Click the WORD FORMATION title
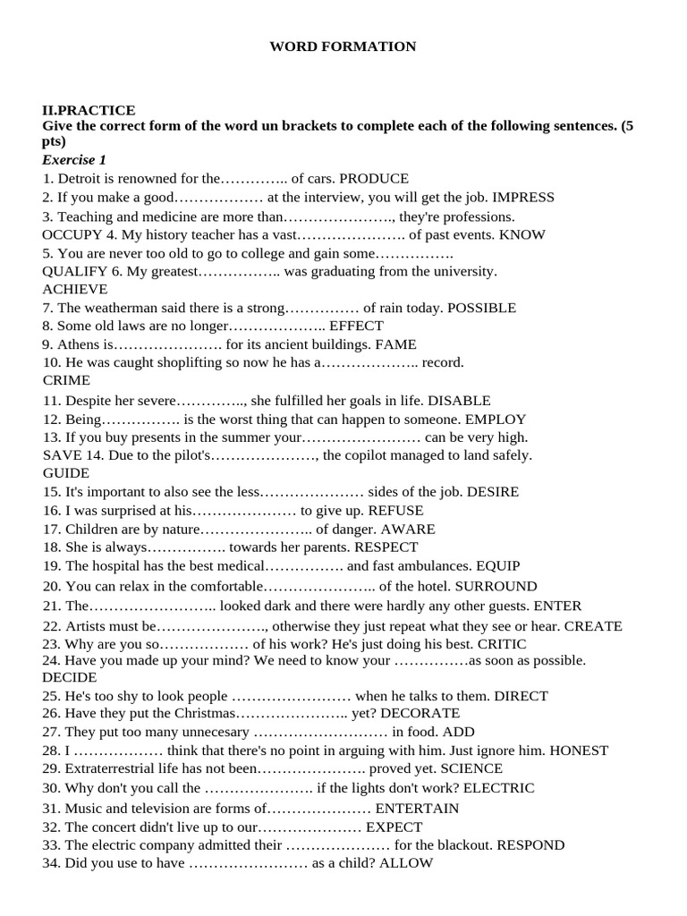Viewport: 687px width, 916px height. pyautogui.click(x=343, y=47)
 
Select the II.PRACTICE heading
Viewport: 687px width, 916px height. pyautogui.click(x=89, y=110)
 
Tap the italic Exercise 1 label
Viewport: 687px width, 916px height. pyautogui.click(x=74, y=160)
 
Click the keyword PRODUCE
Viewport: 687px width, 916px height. pyautogui.click(x=374, y=179)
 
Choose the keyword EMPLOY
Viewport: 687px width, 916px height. pyautogui.click(x=494, y=419)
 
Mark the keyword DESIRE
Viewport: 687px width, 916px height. pyautogui.click(x=492, y=492)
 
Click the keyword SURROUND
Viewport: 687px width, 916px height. pyautogui.click(x=496, y=587)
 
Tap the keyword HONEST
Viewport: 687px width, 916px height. pyautogui.click(x=579, y=751)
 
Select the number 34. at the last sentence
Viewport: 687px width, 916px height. pyautogui.click(x=52, y=863)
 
